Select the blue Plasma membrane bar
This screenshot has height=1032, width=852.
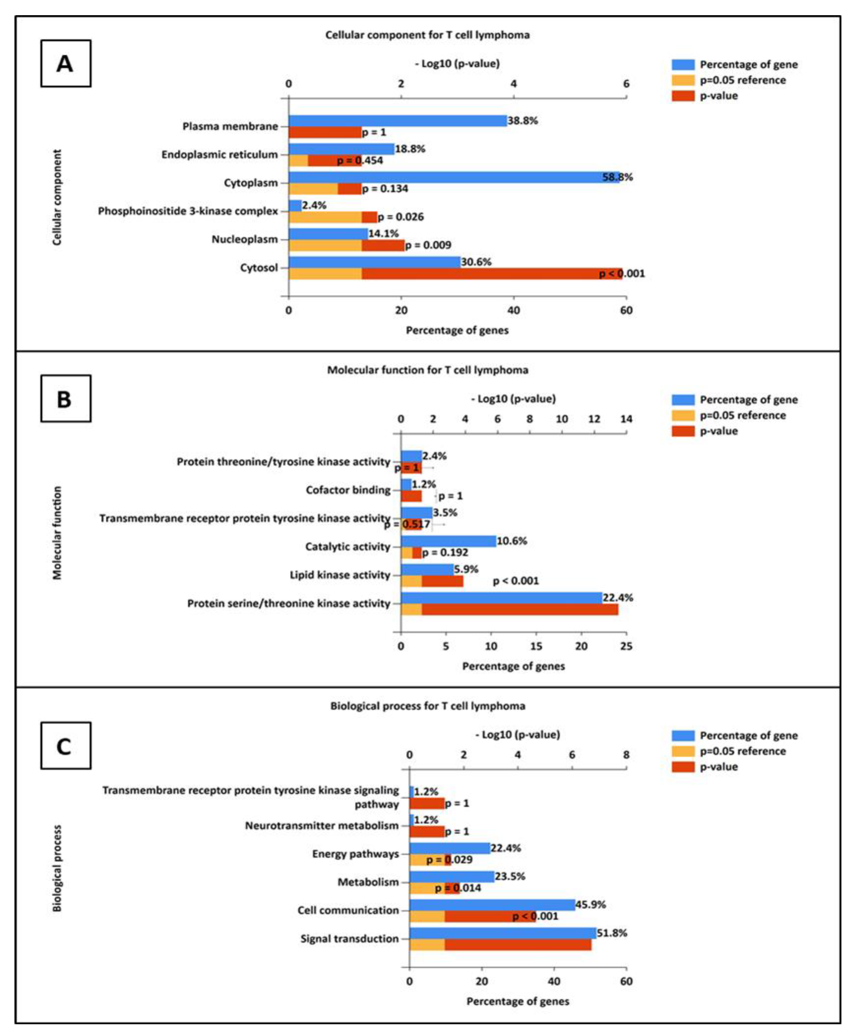point(398,121)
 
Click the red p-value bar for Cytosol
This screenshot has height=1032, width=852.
point(491,274)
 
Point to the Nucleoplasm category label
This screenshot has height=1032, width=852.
point(244,239)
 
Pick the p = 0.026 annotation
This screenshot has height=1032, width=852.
point(400,217)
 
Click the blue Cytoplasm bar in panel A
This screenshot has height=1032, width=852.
point(454,177)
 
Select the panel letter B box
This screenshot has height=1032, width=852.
point(66,399)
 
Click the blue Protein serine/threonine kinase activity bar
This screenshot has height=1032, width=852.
point(501,598)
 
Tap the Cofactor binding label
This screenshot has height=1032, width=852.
point(348,490)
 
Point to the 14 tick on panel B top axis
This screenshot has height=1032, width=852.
point(626,419)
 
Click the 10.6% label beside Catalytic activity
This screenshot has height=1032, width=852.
point(512,541)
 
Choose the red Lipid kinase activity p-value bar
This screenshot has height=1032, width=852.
point(442,581)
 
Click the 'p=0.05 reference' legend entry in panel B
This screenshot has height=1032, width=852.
point(742,415)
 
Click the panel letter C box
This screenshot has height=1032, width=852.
point(66,745)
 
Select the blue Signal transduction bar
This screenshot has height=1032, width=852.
point(503,933)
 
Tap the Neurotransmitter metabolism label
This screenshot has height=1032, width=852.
point(321,826)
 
